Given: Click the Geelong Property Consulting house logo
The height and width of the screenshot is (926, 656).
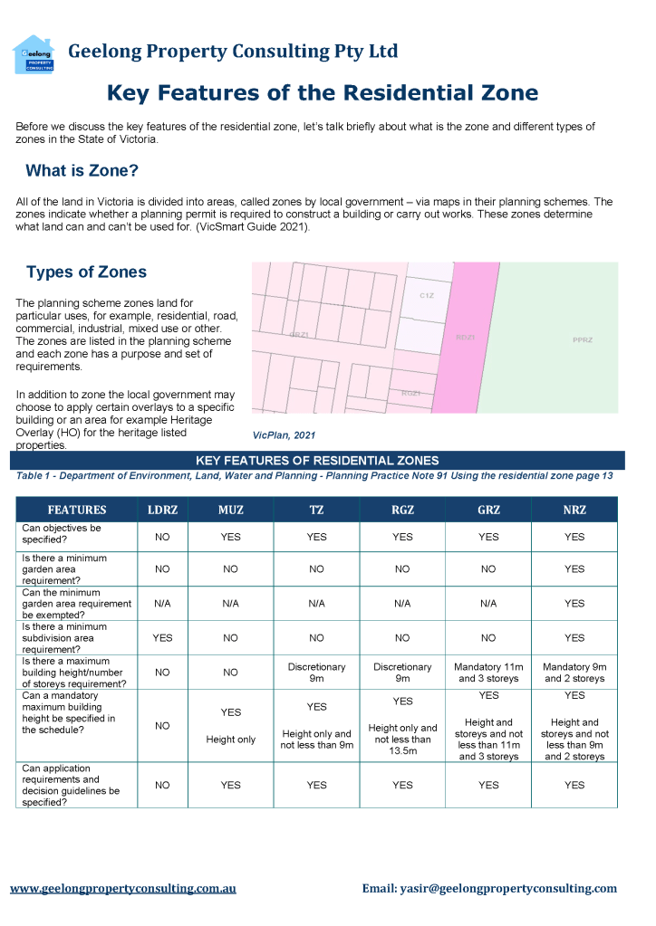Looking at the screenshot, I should [x=34, y=53].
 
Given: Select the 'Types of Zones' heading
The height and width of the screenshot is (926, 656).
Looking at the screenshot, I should [x=86, y=272].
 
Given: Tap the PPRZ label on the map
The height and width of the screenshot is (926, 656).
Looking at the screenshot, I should [x=583, y=339].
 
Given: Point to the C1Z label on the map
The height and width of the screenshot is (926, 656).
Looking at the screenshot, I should [x=427, y=296].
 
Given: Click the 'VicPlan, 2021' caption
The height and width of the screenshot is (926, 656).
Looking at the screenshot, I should [x=284, y=435].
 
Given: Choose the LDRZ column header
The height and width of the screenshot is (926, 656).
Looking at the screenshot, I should [x=162, y=510].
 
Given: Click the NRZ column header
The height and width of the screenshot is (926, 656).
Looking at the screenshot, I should [x=574, y=510].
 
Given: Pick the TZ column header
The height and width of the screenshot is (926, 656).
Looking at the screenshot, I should [x=316, y=510].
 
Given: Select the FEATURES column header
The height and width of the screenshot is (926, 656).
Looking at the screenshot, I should [x=77, y=510].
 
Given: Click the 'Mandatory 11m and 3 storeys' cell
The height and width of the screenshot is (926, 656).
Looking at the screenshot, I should [x=488, y=673].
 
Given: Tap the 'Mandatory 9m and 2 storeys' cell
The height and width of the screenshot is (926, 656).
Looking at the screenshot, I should [x=574, y=673].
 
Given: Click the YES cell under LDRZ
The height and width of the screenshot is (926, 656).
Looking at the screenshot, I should [x=162, y=638].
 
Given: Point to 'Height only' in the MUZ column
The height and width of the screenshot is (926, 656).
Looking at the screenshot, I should [x=231, y=740].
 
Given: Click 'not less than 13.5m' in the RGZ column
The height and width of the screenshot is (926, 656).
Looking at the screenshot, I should [x=402, y=745].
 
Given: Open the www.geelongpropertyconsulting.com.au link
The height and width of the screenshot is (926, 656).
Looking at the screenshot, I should [x=123, y=889].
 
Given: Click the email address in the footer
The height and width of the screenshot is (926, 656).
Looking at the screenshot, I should [x=489, y=889].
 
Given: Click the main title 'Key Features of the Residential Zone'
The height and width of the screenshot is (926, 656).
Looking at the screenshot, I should [x=323, y=92].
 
